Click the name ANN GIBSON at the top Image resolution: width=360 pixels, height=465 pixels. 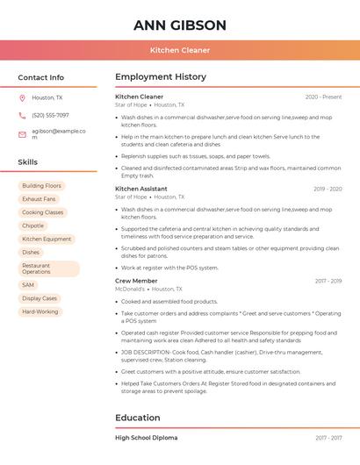179,25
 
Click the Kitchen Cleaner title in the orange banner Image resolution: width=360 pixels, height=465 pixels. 179,50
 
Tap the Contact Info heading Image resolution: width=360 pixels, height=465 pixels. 40,77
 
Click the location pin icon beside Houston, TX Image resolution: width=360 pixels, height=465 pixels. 22,97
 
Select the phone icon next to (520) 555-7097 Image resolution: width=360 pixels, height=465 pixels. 22,115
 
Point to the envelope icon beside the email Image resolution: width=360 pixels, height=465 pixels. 22,134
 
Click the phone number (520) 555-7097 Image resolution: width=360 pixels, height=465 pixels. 50,115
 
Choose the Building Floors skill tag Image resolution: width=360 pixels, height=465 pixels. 41,186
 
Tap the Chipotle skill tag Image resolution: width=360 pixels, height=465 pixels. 32,225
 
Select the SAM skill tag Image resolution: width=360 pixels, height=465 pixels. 28,285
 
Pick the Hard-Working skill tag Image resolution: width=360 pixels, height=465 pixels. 40,311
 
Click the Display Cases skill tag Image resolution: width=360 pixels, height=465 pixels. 40,298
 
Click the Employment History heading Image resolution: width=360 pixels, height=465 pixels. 160,77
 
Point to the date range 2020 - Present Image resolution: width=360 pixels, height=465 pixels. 323,97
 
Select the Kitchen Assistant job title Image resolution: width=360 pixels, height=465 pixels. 140,189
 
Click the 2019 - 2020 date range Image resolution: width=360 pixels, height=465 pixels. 327,189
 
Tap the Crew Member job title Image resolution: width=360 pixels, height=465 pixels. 136,281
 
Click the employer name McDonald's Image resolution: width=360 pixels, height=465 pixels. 130,289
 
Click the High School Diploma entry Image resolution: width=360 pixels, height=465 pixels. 146,437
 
